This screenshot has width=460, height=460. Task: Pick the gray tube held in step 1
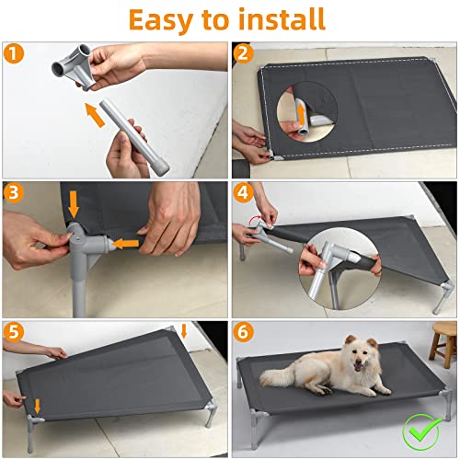(138, 143)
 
